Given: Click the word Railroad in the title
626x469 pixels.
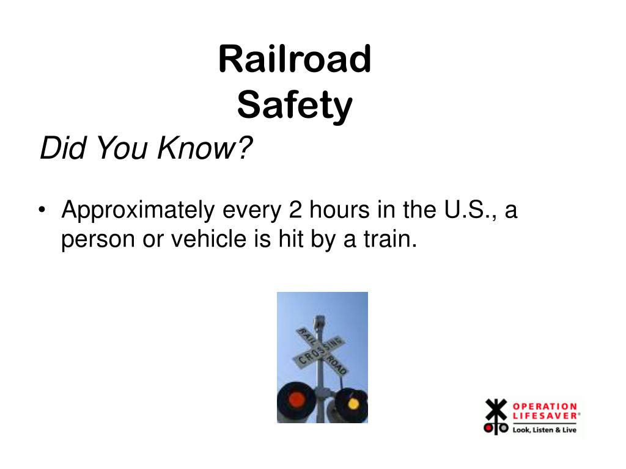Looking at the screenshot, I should pyautogui.click(x=295, y=59).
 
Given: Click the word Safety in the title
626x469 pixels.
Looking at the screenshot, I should pyautogui.click(x=295, y=106).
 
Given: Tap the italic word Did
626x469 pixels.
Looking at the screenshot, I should pyautogui.click(x=59, y=148).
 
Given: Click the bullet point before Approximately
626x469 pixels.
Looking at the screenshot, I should pyautogui.click(x=42, y=211).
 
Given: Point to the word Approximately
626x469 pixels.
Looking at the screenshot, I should pyautogui.click(x=138, y=211).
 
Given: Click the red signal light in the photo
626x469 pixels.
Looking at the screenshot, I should pyautogui.click(x=296, y=400).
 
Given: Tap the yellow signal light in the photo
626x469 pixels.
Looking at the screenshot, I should pyautogui.click(x=353, y=402).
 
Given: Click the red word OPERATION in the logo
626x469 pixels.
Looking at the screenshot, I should pyautogui.click(x=544, y=406).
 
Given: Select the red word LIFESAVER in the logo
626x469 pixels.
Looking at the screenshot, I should pyautogui.click(x=543, y=416).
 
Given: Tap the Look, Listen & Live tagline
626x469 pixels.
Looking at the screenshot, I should pyautogui.click(x=544, y=429).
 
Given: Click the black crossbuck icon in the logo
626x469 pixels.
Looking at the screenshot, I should pyautogui.click(x=496, y=416).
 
